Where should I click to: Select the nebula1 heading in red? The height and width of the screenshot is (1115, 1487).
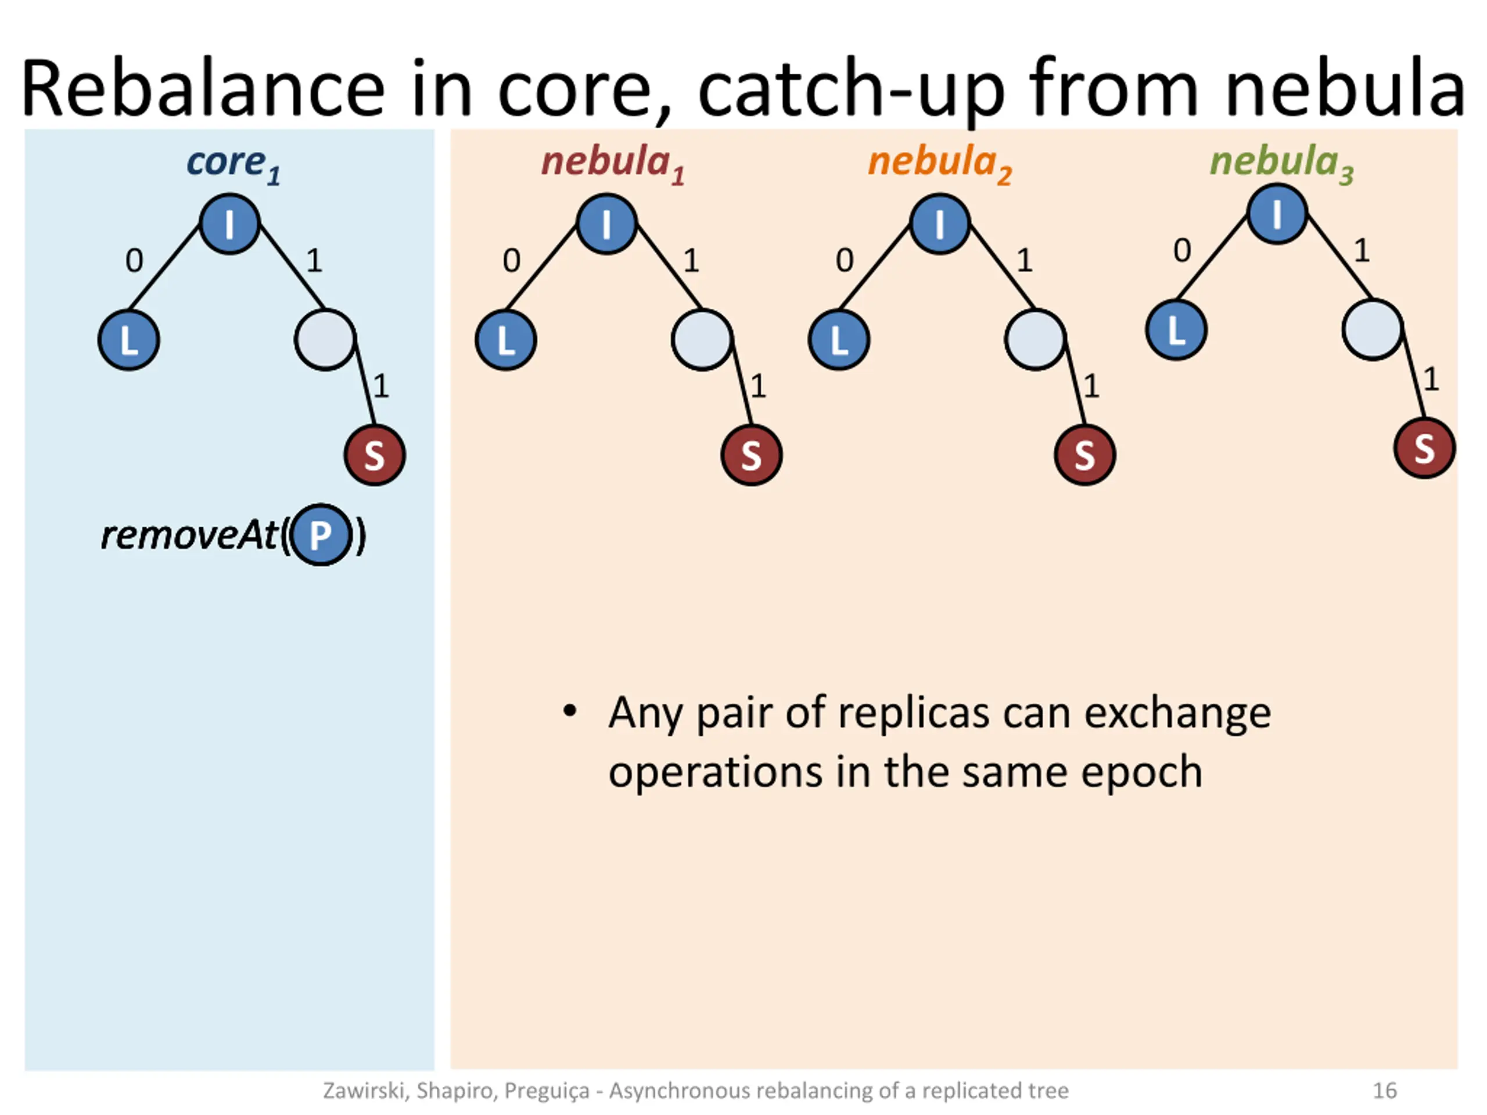612,163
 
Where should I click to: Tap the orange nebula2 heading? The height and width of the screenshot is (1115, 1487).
939,163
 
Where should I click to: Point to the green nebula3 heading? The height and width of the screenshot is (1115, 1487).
1281,163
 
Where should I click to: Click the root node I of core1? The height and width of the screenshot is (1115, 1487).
230,224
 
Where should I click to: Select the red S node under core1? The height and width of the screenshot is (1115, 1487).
375,455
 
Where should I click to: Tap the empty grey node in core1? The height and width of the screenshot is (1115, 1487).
325,339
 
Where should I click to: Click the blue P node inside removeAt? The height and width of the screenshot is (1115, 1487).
321,535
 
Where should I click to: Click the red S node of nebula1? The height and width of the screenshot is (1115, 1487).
752,455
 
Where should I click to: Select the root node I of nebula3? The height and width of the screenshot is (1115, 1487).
1277,214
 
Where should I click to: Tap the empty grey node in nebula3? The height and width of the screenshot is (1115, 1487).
1372,329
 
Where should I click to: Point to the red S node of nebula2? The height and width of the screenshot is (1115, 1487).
1085,455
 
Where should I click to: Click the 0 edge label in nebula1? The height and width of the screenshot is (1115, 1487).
512,261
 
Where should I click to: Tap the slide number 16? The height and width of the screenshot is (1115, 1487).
1385,1090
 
